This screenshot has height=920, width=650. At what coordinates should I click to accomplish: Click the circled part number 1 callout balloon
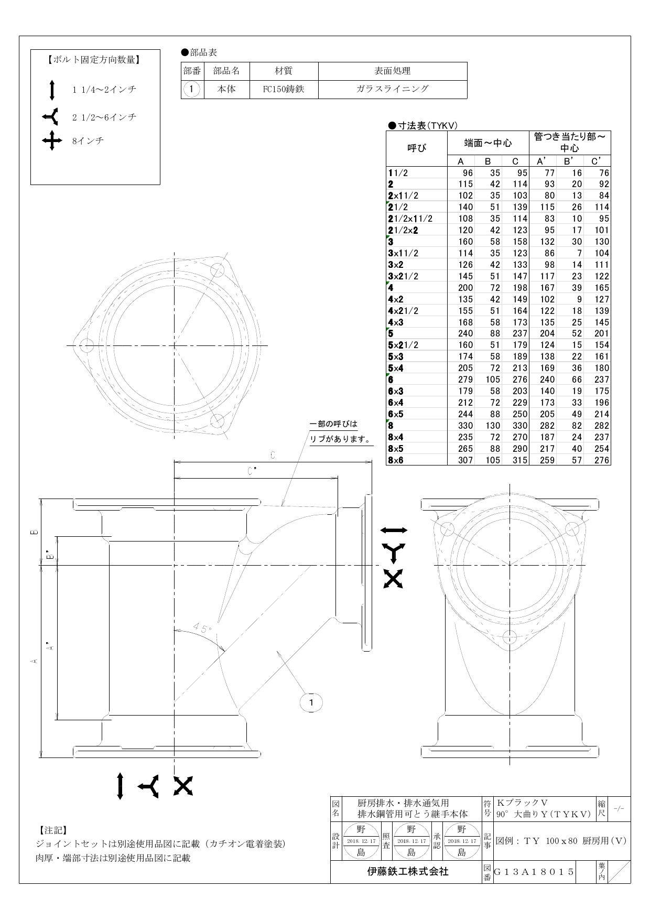pos(311,702)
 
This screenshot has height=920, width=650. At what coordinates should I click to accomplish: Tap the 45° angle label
pos(202,627)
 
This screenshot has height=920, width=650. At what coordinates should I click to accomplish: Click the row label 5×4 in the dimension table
pos(396,368)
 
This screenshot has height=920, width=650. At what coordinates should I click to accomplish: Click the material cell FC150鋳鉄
pos(284,89)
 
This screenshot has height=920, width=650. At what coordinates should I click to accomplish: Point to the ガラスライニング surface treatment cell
pos(393,89)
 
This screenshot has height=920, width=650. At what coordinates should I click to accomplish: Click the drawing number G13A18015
pos(534,872)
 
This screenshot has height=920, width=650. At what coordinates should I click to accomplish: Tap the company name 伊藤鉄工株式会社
pos(407,872)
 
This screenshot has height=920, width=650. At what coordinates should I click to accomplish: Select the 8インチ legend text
pos(88,140)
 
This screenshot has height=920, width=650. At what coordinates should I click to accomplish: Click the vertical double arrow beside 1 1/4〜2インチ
pos(52,90)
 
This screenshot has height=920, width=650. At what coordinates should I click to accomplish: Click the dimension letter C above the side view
pos(272,455)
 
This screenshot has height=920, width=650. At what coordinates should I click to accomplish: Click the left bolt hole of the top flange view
pos(86,345)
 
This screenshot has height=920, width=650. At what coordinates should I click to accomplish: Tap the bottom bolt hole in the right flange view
pos(510,637)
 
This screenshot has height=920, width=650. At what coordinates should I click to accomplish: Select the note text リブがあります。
pos(340,439)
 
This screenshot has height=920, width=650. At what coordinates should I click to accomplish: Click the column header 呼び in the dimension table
pos(417,148)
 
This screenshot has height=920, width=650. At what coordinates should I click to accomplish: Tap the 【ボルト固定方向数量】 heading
pos(94,60)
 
